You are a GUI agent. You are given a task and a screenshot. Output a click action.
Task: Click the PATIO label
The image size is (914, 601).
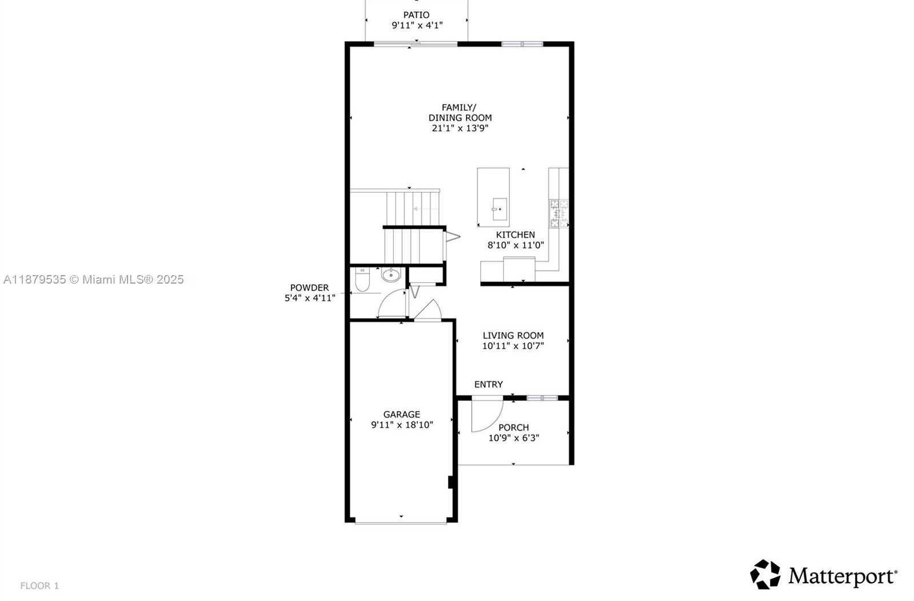[416, 15]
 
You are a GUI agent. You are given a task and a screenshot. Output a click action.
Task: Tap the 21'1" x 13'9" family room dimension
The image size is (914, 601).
[460, 128]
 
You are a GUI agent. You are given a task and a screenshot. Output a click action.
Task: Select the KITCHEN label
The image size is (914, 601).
[516, 235]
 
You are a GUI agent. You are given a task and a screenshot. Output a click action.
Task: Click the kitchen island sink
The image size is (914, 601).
[500, 209]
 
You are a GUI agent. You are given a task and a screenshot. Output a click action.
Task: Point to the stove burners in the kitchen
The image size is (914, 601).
[559, 213]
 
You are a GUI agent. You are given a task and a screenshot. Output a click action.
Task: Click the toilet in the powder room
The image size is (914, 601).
[362, 279]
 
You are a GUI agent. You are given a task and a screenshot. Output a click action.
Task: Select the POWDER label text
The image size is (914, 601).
[309, 288]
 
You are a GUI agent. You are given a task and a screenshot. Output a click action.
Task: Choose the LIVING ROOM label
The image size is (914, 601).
[513, 336]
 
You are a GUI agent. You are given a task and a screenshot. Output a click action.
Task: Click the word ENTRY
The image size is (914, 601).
[488, 385]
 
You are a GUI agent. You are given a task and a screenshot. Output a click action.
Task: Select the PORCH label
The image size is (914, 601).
[514, 428]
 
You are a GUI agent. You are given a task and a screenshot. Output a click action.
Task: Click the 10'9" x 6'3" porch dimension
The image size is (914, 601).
[514, 438]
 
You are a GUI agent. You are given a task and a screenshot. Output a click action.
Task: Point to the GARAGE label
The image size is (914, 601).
[401, 415]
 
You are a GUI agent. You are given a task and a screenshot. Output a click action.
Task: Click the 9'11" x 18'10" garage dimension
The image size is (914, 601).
[401, 425]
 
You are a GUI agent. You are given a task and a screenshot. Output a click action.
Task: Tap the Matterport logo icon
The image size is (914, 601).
[765, 575]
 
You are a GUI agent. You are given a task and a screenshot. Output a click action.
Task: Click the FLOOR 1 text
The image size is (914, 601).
[39, 586]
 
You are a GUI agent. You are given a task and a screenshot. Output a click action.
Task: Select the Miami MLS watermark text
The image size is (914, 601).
[93, 280]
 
